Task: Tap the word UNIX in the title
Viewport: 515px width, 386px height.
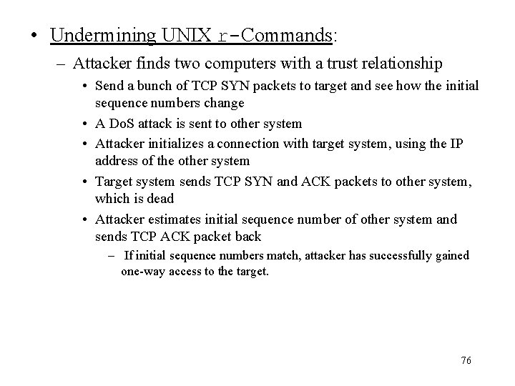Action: click(187, 35)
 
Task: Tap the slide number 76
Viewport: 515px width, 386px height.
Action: click(466, 361)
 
